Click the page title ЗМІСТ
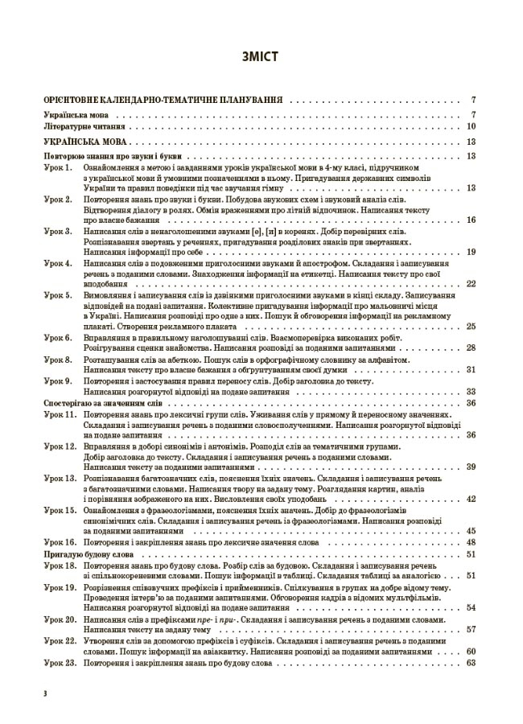coord(261,57)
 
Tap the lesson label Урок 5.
coord(58,297)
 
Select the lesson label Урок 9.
coord(58,381)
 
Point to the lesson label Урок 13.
coord(60,478)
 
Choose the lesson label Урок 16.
coord(60,543)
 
